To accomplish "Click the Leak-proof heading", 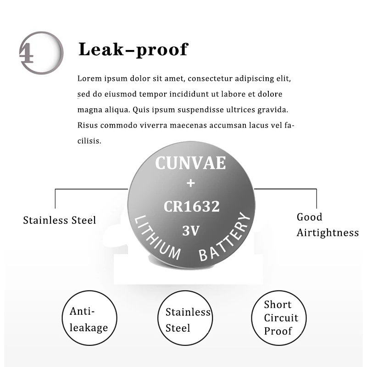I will coord(133,49).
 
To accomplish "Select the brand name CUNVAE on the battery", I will coord(190,163).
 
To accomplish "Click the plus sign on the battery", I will coord(191,183).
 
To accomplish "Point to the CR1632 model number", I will coord(192,206).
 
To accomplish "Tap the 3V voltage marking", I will coord(191,231).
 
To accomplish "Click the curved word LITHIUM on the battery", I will coord(156,238).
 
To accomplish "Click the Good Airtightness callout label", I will coord(327,225).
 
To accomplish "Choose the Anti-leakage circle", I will coord(89,319).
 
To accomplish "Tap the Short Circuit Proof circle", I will coord(281,317).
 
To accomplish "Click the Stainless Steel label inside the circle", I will coord(187,320).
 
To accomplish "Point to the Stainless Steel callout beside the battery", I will coord(60,220).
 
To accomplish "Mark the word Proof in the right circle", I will coord(278,331).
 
